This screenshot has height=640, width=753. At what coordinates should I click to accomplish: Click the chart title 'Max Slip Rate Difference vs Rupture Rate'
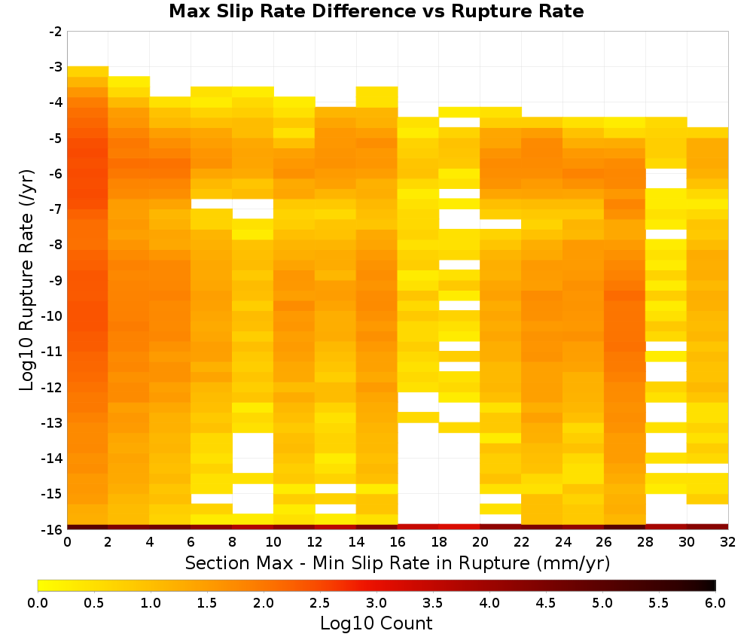[376, 11]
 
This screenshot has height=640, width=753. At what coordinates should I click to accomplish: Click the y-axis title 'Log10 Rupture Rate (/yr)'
[27, 280]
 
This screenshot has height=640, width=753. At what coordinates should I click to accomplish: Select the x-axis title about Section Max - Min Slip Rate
[397, 562]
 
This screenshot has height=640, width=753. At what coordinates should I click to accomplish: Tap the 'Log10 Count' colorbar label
[376, 623]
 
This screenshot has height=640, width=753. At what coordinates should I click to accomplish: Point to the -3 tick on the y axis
[56, 67]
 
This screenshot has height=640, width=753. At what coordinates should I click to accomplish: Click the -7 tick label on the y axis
[56, 209]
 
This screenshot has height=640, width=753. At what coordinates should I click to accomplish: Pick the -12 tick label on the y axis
[53, 387]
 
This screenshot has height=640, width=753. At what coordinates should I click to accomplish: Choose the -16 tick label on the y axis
[53, 529]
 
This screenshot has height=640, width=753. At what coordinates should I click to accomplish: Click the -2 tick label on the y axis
[56, 32]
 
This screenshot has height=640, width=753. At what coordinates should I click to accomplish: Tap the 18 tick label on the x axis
[439, 542]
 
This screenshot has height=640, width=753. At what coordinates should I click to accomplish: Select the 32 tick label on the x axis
[728, 542]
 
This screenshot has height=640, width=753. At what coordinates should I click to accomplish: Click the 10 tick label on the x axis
[274, 542]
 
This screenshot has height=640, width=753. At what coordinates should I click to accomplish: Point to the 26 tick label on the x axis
[604, 542]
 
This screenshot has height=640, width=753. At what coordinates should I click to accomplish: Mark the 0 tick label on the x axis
[67, 542]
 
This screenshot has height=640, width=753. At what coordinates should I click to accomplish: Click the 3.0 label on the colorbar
[376, 603]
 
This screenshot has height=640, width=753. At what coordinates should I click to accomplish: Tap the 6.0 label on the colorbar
[715, 603]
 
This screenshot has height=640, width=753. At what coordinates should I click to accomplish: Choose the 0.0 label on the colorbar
[38, 603]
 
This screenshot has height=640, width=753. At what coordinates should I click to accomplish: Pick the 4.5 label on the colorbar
[546, 603]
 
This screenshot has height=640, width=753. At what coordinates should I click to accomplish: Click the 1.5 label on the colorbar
[207, 603]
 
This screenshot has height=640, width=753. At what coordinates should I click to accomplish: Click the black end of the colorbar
[712, 585]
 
